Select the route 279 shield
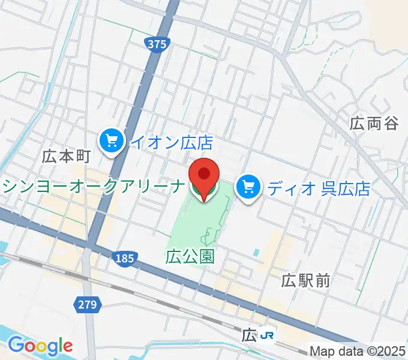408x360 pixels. pos(86,305)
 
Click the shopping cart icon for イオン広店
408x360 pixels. pos(111,142)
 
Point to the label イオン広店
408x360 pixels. pos(172,142)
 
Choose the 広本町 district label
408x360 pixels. pos(66,157)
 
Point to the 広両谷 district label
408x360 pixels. pos(374,124)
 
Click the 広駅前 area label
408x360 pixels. pos(306,280)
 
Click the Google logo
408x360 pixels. pos(40,346)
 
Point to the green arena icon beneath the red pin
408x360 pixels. pos(203,194)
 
